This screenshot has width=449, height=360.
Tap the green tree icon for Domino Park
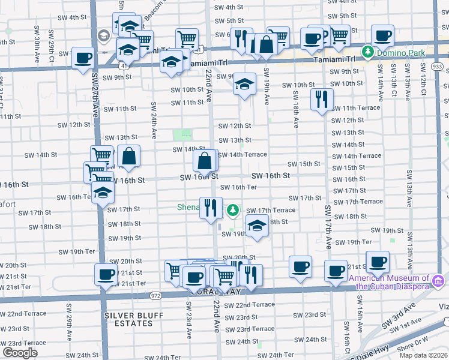pos(368,53)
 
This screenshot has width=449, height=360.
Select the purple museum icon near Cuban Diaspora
pos(438,280)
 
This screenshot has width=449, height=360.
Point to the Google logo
pos(20,353)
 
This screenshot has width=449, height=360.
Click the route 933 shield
pos(437,66)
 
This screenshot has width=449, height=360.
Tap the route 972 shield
pos(155,295)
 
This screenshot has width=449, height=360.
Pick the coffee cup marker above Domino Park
pos(382,35)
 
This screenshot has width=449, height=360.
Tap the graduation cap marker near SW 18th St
pos(256,227)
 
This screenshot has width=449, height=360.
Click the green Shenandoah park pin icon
pos(233,211)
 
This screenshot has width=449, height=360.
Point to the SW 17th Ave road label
pos(328,227)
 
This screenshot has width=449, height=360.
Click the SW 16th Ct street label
pos(347,336)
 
